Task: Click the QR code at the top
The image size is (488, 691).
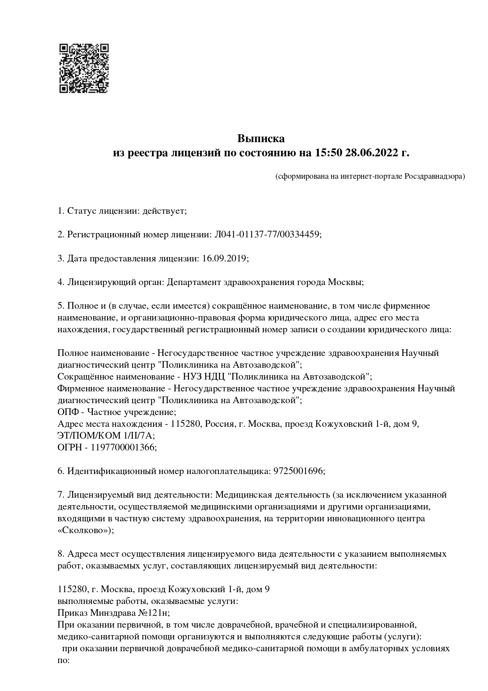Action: click(84, 68)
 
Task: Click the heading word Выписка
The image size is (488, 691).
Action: click(261, 139)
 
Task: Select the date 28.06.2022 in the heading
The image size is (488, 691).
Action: click(372, 152)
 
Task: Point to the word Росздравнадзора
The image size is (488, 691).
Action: click(434, 176)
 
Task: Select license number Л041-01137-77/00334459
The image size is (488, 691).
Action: click(268, 235)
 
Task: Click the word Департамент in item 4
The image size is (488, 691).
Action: click(194, 282)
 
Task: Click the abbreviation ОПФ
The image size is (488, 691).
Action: click(68, 412)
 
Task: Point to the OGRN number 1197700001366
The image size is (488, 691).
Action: click(124, 447)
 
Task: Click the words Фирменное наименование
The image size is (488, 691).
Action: click(111, 388)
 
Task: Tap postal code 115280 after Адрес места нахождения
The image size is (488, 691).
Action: click(184, 424)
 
